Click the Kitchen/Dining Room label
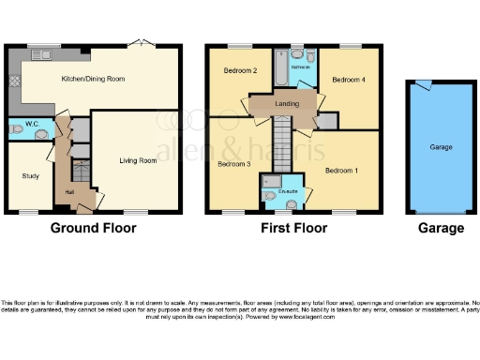[93, 80]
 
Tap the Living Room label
[137, 161]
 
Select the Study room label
[29, 175]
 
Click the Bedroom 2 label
[240, 70]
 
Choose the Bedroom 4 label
[349, 80]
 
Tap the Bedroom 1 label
[340, 171]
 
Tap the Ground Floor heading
[93, 228]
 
